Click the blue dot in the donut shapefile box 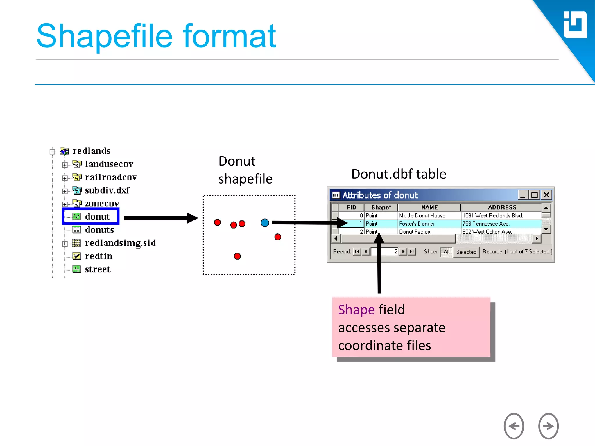click(x=265, y=223)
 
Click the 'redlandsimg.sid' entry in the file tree click(x=120, y=243)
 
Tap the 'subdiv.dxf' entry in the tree click(x=107, y=190)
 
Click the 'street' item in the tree click(x=97, y=269)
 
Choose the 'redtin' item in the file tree click(x=98, y=256)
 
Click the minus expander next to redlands click(x=52, y=152)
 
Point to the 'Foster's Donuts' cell click(x=416, y=224)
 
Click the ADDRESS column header click(x=502, y=207)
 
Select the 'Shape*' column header click(x=381, y=207)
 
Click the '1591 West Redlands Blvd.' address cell click(x=492, y=215)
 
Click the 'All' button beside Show click(x=446, y=252)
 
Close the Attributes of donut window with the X click(x=546, y=195)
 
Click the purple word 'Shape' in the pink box click(x=356, y=310)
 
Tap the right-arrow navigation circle click(x=548, y=426)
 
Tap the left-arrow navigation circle click(x=514, y=426)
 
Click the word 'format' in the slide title click(x=229, y=36)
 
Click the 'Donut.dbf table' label click(x=398, y=174)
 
